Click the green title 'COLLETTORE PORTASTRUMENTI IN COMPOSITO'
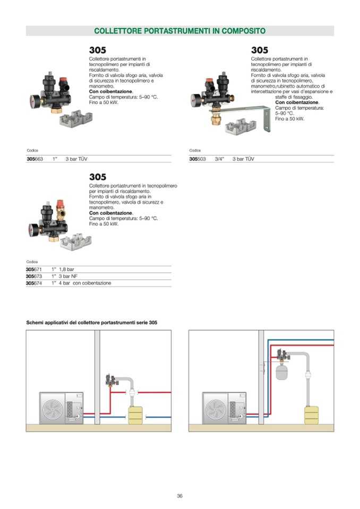point(179,31)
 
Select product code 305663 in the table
point(35,159)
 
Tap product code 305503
point(197,159)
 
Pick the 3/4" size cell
point(220,159)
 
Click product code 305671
point(33,270)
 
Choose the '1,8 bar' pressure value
point(66,270)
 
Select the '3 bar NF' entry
point(68,277)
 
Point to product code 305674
point(33,283)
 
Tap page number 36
point(179,496)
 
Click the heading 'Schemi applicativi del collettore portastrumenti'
point(91,322)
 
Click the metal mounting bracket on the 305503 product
point(255,113)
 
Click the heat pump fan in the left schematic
point(53,408)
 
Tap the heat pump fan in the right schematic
point(216,408)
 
